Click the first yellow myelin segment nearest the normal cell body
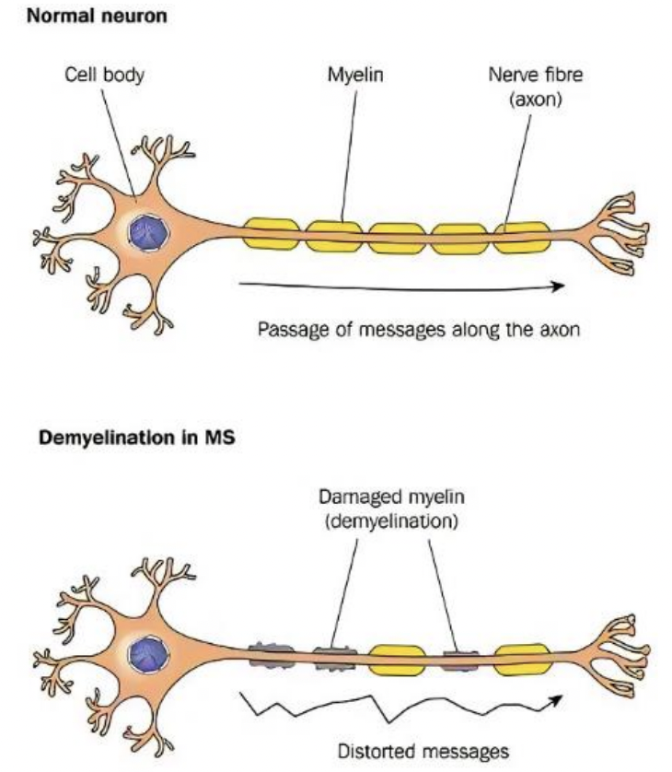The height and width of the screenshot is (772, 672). (272, 233)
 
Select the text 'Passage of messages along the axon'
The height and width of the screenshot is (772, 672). (419, 329)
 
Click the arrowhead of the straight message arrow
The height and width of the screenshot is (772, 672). (556, 286)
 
